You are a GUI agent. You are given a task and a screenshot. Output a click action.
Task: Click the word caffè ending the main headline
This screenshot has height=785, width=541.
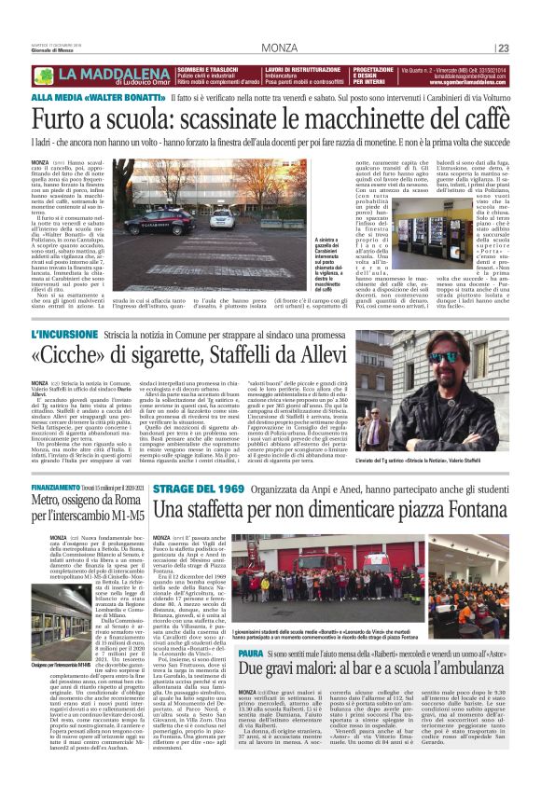[481, 119]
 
